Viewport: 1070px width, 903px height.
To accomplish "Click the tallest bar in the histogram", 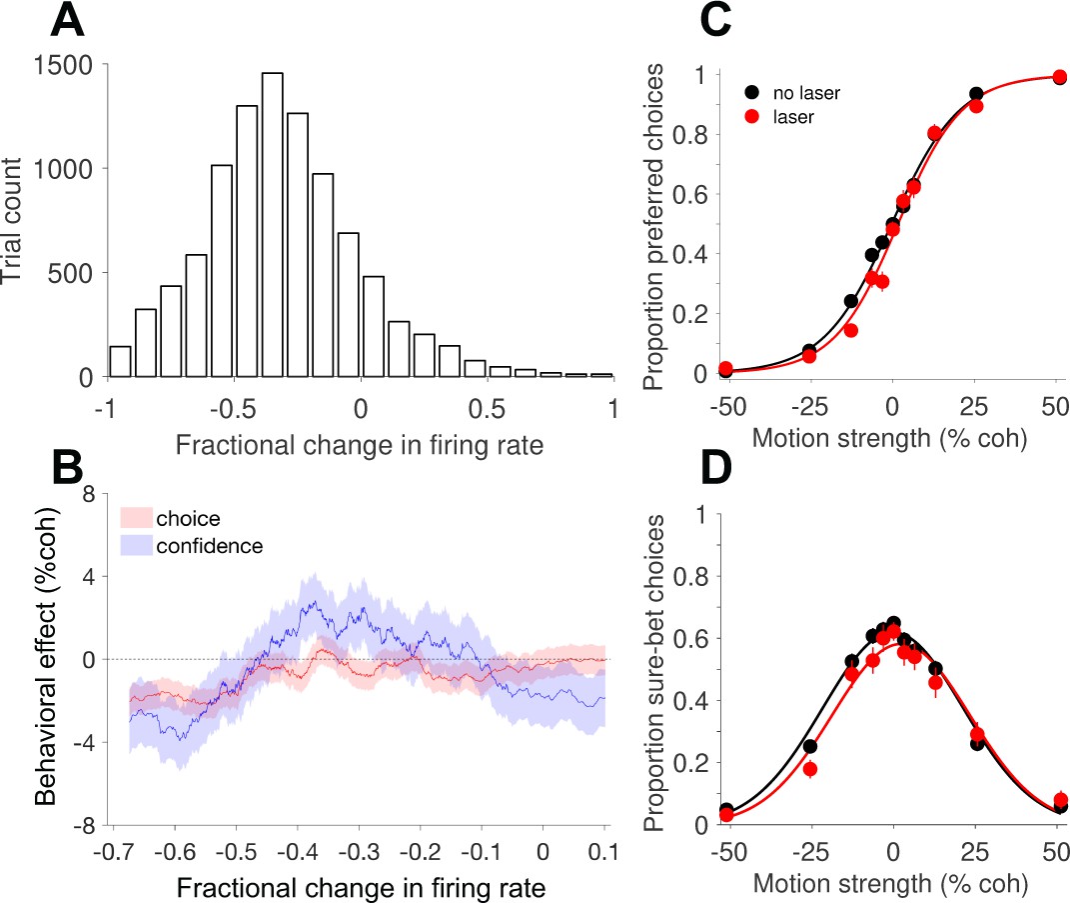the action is coord(273,225).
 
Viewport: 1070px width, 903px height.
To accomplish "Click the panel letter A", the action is coord(67,20).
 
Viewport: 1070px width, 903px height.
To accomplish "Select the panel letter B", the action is coord(67,468).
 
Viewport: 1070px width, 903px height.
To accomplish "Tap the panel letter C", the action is coord(716,20).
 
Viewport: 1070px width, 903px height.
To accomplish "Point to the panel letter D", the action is coord(716,468).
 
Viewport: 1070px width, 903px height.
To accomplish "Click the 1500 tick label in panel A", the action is coord(63,65).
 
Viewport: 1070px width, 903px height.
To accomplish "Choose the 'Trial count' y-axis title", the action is coord(12,221).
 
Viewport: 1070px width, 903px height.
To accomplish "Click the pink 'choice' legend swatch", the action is coord(136,518).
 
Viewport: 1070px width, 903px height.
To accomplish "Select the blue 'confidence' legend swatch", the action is coord(136,545).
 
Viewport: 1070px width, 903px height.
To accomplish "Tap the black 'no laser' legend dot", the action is coord(752,92).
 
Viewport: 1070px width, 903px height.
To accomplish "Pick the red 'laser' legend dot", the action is coord(752,116).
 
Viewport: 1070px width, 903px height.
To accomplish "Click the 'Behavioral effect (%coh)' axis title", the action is coord(45,656).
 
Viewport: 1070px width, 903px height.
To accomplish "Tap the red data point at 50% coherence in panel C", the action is coord(1059,77).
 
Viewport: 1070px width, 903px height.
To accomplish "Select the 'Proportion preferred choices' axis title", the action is coord(653,227).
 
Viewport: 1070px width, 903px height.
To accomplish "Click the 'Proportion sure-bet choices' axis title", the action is coord(653,673).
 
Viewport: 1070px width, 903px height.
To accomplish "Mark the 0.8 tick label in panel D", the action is coord(690,576).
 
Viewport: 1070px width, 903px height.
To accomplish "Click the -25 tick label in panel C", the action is coord(809,406).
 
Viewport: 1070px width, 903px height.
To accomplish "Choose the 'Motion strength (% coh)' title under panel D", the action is coord(890,883).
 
